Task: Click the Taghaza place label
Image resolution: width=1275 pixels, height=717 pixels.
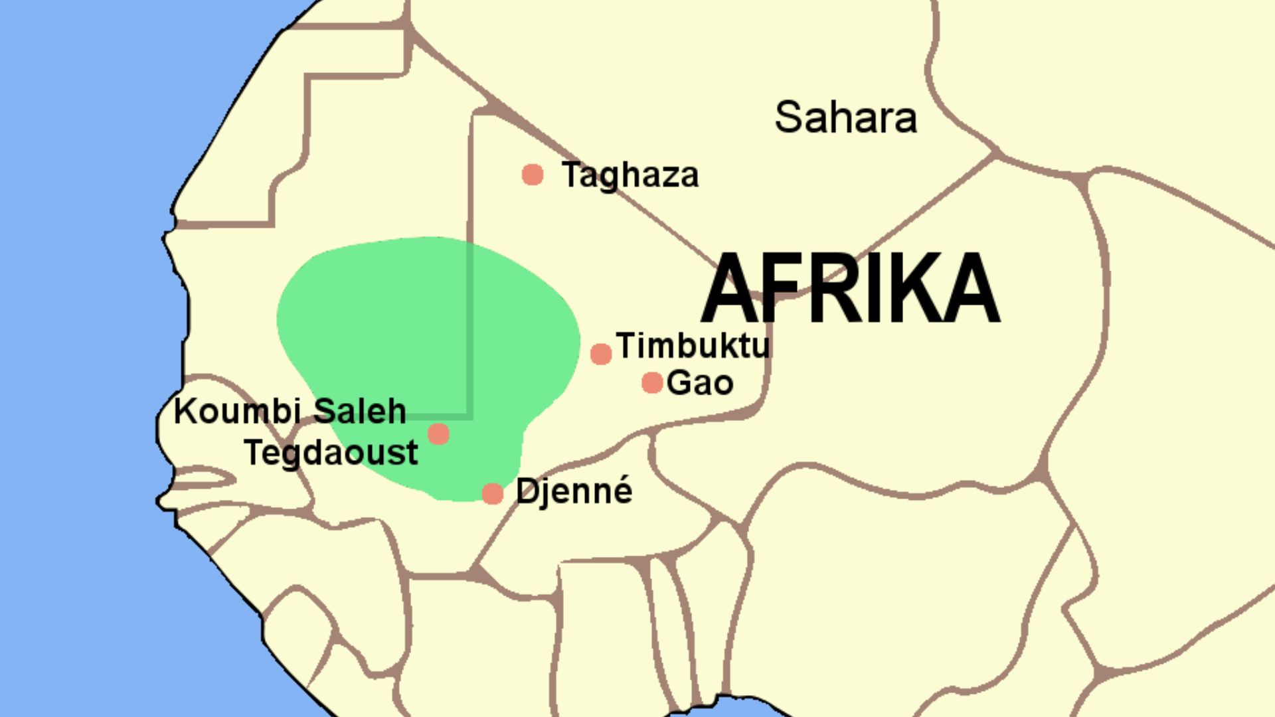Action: pyautogui.click(x=630, y=175)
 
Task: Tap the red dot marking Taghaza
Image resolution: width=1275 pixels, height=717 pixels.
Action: pyautogui.click(x=533, y=175)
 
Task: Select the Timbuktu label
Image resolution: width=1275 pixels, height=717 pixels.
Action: pyautogui.click(x=693, y=345)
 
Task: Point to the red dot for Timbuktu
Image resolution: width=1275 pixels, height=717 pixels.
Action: pyautogui.click(x=601, y=354)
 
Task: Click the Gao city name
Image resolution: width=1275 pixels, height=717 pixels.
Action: pyautogui.click(x=700, y=383)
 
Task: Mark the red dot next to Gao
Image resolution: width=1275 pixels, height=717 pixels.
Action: pyautogui.click(x=652, y=382)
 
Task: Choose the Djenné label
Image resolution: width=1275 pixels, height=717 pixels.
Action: pyautogui.click(x=574, y=492)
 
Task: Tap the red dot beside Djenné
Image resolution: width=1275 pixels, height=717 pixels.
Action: pyautogui.click(x=493, y=494)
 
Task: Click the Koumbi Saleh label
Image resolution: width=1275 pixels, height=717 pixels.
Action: pyautogui.click(x=290, y=412)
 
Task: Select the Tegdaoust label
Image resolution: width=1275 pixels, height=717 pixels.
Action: pyautogui.click(x=331, y=453)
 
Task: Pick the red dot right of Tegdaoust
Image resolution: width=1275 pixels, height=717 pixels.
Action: pyautogui.click(x=438, y=434)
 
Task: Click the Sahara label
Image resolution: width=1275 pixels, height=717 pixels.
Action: pyautogui.click(x=845, y=118)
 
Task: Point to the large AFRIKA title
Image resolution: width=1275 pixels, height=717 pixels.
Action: pyautogui.click(x=850, y=289)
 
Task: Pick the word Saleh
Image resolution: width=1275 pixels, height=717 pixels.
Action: pyautogui.click(x=359, y=412)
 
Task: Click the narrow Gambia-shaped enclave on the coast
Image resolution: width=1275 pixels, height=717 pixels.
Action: pyautogui.click(x=199, y=477)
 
